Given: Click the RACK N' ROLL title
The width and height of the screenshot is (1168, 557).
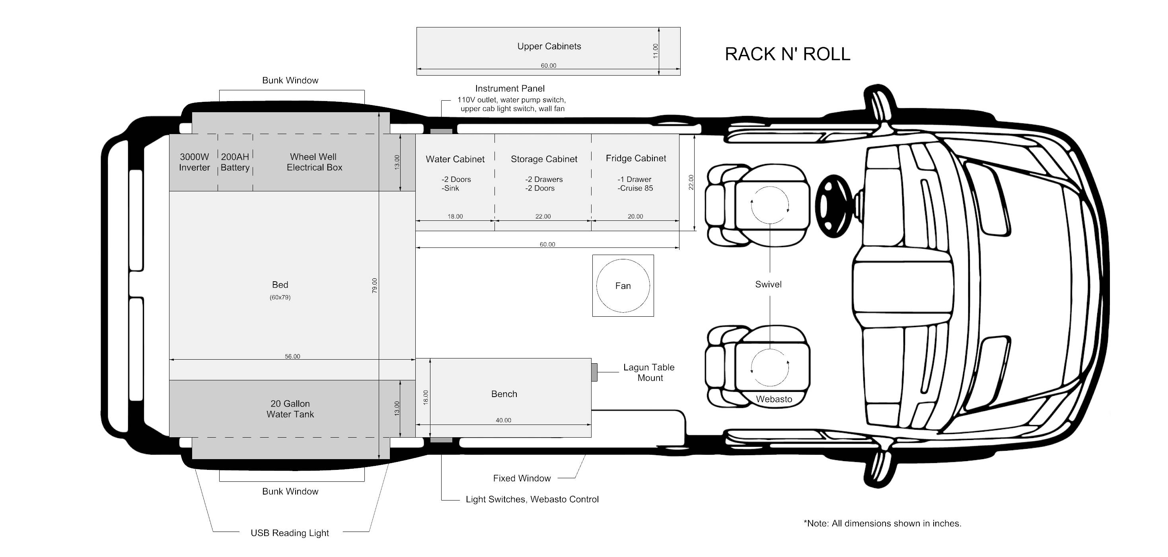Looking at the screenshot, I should (x=787, y=54).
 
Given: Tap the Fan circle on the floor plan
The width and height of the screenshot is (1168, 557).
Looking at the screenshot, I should (x=623, y=286).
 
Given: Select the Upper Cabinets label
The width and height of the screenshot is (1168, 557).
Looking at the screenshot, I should (x=549, y=46).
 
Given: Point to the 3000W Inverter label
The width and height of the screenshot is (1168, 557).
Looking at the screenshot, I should (x=194, y=162).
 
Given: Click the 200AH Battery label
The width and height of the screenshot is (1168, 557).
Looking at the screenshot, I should (x=235, y=162).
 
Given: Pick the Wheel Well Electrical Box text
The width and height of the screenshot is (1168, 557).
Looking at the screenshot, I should (x=314, y=162).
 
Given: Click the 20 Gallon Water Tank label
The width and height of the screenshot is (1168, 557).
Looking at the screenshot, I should (x=290, y=409).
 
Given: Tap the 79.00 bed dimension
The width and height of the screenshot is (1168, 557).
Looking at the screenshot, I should (x=374, y=285).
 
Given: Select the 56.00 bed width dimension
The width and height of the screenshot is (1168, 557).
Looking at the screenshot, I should (x=292, y=356).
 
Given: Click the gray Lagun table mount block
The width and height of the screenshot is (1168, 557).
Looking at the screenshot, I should (x=594, y=372).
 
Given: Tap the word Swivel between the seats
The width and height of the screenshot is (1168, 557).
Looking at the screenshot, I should (x=768, y=284).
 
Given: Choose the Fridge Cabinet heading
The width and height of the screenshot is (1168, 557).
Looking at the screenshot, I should (x=636, y=158).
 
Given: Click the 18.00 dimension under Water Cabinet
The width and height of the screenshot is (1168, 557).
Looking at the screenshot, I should (x=455, y=216).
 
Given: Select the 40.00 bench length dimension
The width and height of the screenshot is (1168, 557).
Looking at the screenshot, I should (x=503, y=420).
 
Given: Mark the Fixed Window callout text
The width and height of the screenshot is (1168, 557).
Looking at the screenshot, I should (x=522, y=478).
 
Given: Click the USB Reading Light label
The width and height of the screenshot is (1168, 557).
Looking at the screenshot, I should (x=290, y=533).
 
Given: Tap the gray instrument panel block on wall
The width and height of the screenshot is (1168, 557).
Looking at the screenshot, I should (x=441, y=132).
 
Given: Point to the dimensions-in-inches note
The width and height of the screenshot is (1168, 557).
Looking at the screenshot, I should (x=882, y=524).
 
